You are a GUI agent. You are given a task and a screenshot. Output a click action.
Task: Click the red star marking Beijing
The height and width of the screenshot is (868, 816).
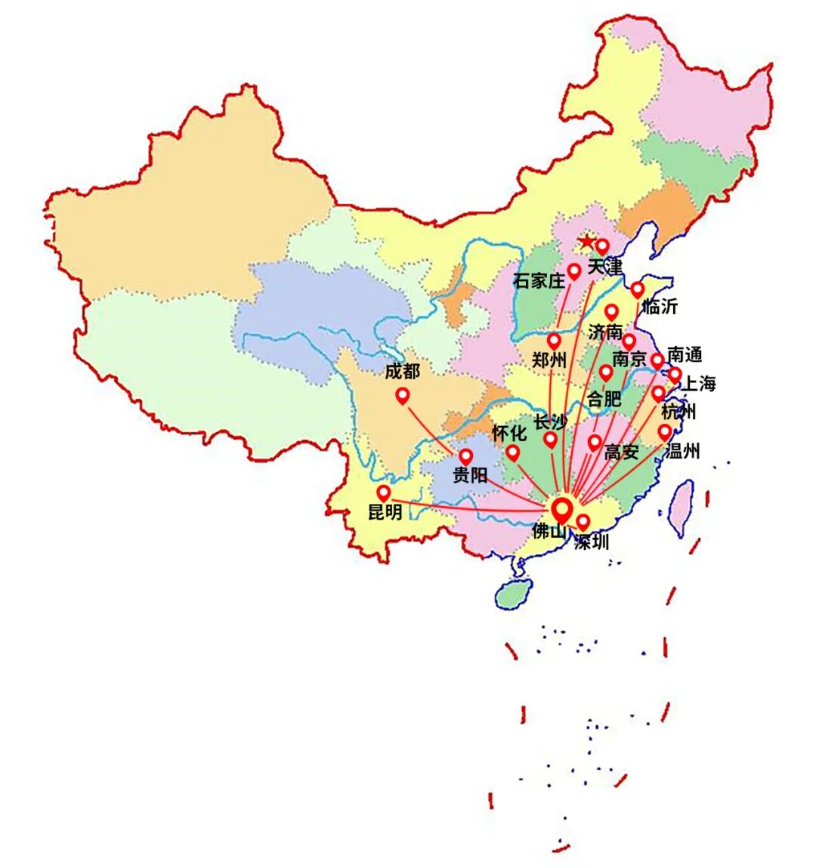(x=586, y=242)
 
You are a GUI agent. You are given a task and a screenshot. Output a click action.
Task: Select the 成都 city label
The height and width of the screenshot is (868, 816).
(x=402, y=371)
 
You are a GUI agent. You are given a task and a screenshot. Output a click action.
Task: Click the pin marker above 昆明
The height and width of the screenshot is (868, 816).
(x=384, y=493)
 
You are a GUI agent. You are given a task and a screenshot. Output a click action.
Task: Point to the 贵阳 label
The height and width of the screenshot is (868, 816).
(x=470, y=475)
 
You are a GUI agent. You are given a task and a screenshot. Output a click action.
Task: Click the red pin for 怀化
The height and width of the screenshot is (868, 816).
(x=513, y=453)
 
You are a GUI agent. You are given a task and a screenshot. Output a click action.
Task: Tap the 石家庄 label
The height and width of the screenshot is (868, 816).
(x=539, y=281)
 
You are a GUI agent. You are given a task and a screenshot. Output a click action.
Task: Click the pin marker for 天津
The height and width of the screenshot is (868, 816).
(x=602, y=246)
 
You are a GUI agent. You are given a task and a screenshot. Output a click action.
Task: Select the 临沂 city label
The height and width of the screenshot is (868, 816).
(x=660, y=306)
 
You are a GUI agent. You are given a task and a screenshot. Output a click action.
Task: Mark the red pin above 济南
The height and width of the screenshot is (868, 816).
(x=611, y=311)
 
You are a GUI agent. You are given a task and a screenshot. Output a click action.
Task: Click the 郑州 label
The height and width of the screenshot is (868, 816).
(x=549, y=360)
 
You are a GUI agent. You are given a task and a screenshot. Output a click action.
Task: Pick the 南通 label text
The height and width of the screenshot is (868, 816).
(x=685, y=354)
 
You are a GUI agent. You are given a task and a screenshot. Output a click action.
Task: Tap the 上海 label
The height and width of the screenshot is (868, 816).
(x=699, y=384)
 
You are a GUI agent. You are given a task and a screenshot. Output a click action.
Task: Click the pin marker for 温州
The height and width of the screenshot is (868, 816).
(x=665, y=432)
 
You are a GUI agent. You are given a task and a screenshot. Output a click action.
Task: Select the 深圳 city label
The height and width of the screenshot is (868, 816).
(x=591, y=542)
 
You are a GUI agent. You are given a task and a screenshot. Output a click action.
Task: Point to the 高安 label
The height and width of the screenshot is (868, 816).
(x=621, y=453)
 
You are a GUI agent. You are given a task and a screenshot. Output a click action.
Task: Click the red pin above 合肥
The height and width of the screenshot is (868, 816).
(x=606, y=372)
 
